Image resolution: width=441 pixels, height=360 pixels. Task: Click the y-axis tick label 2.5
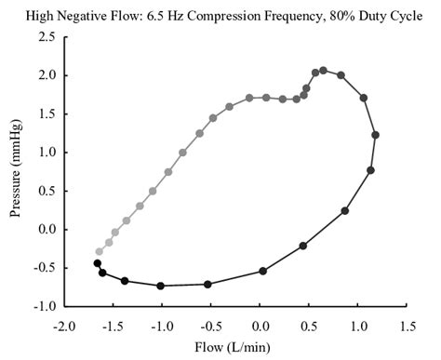pos(45,36)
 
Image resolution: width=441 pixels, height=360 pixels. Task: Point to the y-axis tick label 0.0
pos(45,229)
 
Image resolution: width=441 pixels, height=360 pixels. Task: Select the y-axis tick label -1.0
pos(43,306)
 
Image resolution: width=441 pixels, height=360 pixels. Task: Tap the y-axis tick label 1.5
pos(45,113)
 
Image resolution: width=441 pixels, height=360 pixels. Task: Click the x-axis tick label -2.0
pos(63,327)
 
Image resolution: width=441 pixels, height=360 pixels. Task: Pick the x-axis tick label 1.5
pos(407,327)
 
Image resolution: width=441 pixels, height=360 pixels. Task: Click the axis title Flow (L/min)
pos(234,349)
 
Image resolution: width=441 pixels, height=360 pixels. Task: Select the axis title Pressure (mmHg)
pos(16,171)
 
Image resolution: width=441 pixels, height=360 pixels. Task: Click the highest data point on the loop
pos(323,70)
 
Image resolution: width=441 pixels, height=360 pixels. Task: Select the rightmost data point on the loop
pos(375,135)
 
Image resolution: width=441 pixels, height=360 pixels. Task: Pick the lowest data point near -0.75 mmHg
pos(161,286)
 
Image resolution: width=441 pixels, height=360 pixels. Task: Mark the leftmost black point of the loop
pos(97,263)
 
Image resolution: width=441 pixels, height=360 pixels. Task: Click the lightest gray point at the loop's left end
pos(99,251)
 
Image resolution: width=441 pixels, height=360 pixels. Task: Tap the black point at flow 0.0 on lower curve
pos(262,271)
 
